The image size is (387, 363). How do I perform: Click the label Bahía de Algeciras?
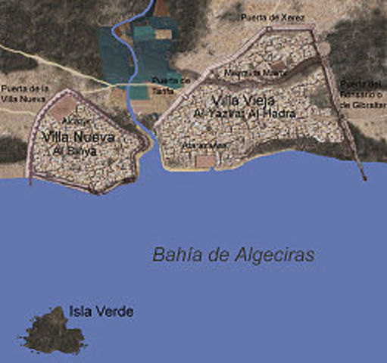coord(233,254)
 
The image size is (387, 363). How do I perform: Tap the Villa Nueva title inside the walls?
coord(79,137)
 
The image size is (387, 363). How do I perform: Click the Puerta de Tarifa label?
coord(167,85)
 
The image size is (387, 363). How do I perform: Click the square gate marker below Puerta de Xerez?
coord(268,29)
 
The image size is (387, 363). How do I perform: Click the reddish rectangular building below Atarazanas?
coord(204,160)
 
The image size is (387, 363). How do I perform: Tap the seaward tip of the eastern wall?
coord(364,178)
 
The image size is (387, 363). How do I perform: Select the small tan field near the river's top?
coord(162,34)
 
